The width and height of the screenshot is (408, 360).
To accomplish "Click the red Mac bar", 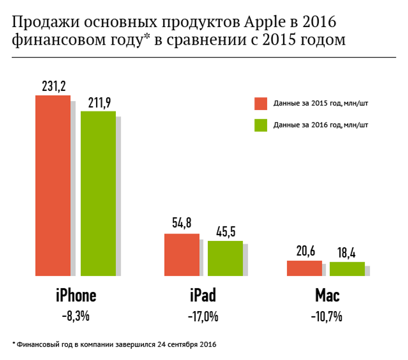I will pyautogui.click(x=304, y=268).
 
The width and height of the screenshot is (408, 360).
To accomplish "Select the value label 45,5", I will pyautogui.click(x=225, y=232).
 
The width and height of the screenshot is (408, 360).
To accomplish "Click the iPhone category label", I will pyautogui.click(x=76, y=296).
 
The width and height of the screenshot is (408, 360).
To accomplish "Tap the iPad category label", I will pyautogui.click(x=203, y=296).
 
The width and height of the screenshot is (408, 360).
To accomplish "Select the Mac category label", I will pyautogui.click(x=327, y=296).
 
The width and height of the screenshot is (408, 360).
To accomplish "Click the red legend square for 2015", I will pyautogui.click(x=260, y=103).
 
